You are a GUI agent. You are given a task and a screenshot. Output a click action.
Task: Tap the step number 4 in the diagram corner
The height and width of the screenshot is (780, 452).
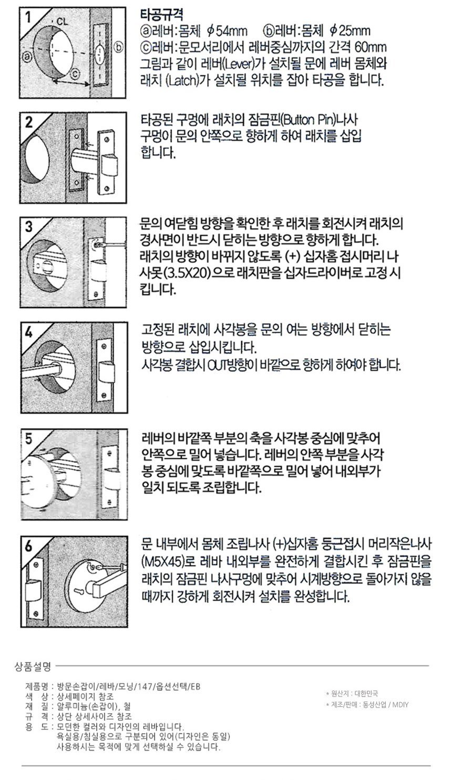click(x=28, y=333)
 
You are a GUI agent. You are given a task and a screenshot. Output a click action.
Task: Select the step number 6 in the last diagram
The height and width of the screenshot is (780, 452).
click(x=28, y=546)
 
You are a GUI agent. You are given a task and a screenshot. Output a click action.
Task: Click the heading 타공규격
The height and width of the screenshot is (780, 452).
click(x=161, y=15)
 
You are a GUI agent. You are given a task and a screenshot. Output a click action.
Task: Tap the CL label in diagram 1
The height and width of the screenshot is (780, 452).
click(x=63, y=22)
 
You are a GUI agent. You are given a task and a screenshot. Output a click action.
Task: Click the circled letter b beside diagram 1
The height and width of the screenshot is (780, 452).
click(x=118, y=47)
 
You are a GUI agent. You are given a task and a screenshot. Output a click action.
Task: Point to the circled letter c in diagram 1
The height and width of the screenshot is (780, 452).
click(x=75, y=73)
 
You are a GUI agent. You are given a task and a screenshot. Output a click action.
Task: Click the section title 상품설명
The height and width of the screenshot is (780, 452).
click(x=33, y=667)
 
